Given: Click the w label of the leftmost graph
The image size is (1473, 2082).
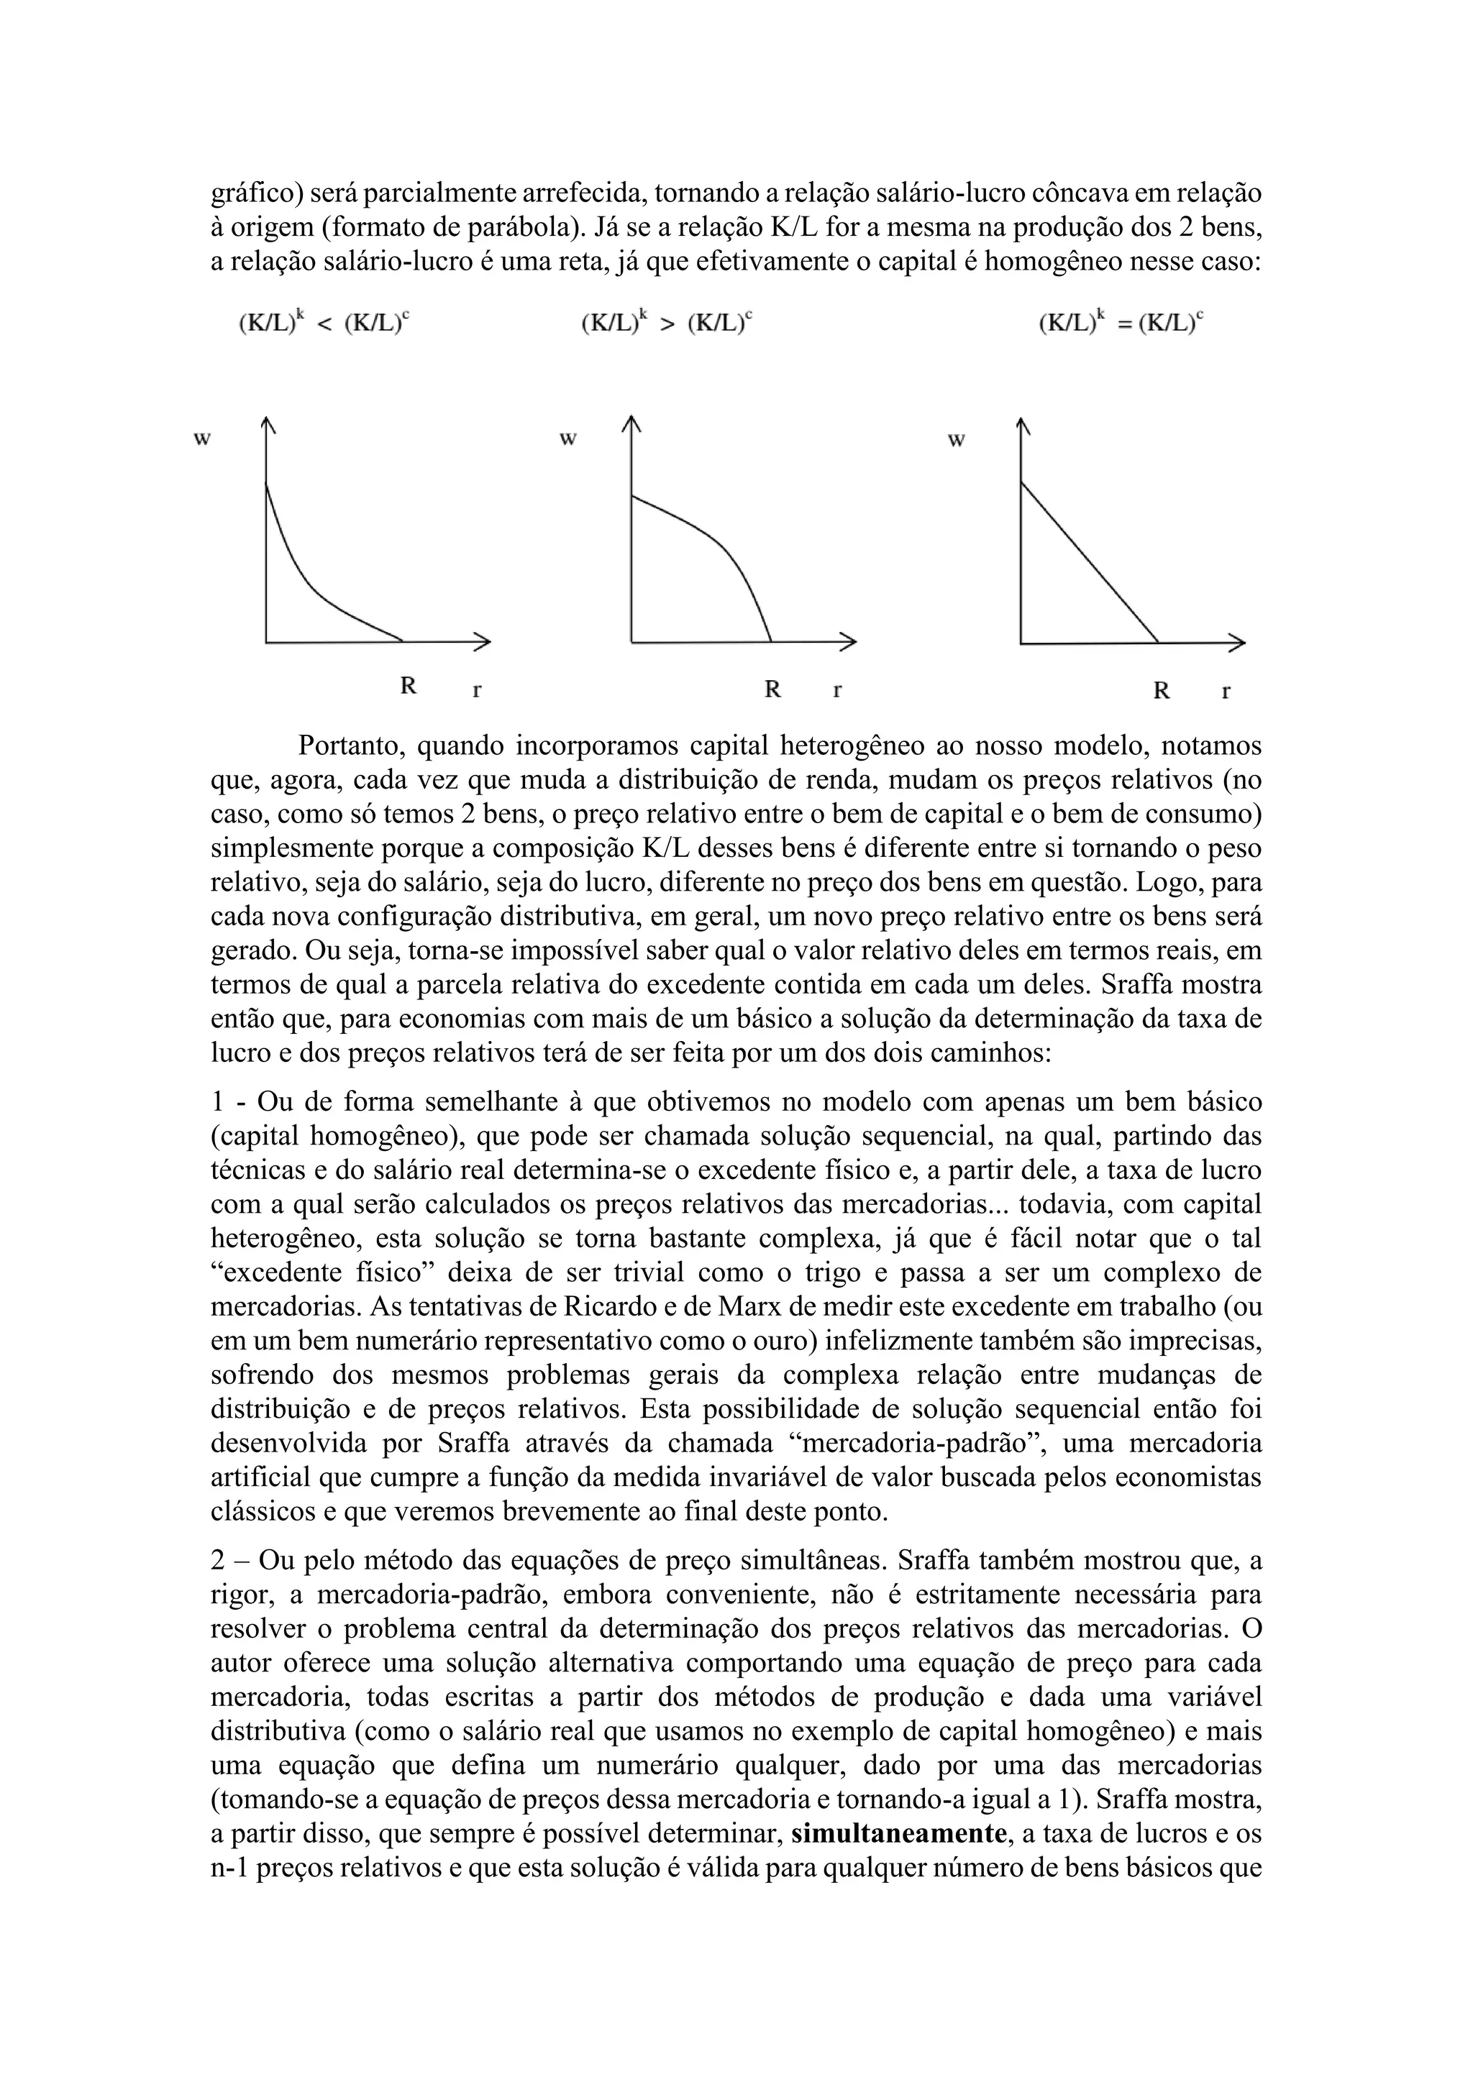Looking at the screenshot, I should [202, 439].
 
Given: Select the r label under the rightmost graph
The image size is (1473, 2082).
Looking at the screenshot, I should [1226, 691].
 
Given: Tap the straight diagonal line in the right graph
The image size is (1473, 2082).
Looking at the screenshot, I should [1088, 561].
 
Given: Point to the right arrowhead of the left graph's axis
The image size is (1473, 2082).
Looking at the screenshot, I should [483, 642].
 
